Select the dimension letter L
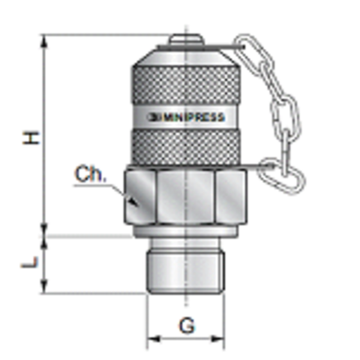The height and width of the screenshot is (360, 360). click(30, 263)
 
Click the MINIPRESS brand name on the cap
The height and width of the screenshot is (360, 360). click(196, 117)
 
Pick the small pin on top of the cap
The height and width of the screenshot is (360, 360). click(184, 37)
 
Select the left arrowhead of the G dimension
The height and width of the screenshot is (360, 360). click(151, 335)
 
